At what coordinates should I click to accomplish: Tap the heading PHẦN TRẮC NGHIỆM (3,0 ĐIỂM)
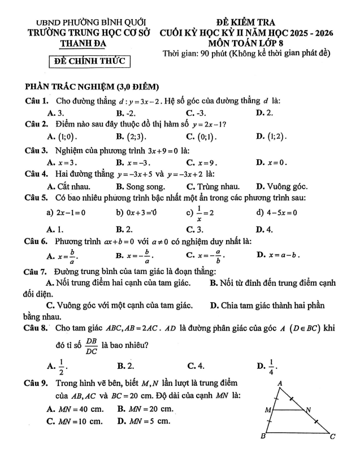pyautogui.click(x=92, y=87)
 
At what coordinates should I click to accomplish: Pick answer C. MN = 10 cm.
pyautogui.click(x=75, y=421)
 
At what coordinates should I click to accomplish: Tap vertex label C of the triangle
pyautogui.click(x=333, y=436)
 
